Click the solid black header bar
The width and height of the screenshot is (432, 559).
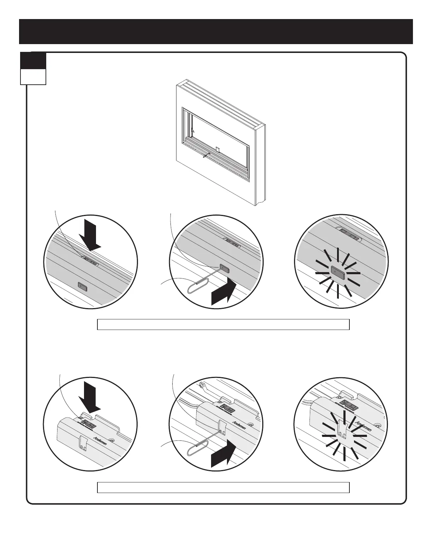point(216,31)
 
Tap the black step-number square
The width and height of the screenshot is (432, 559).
point(33,61)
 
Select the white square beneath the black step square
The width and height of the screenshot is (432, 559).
point(33,77)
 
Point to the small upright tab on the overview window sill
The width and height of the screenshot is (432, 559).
point(217,150)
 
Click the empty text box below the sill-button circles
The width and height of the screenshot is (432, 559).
point(223,324)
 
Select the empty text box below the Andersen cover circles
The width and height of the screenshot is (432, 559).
point(223,487)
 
